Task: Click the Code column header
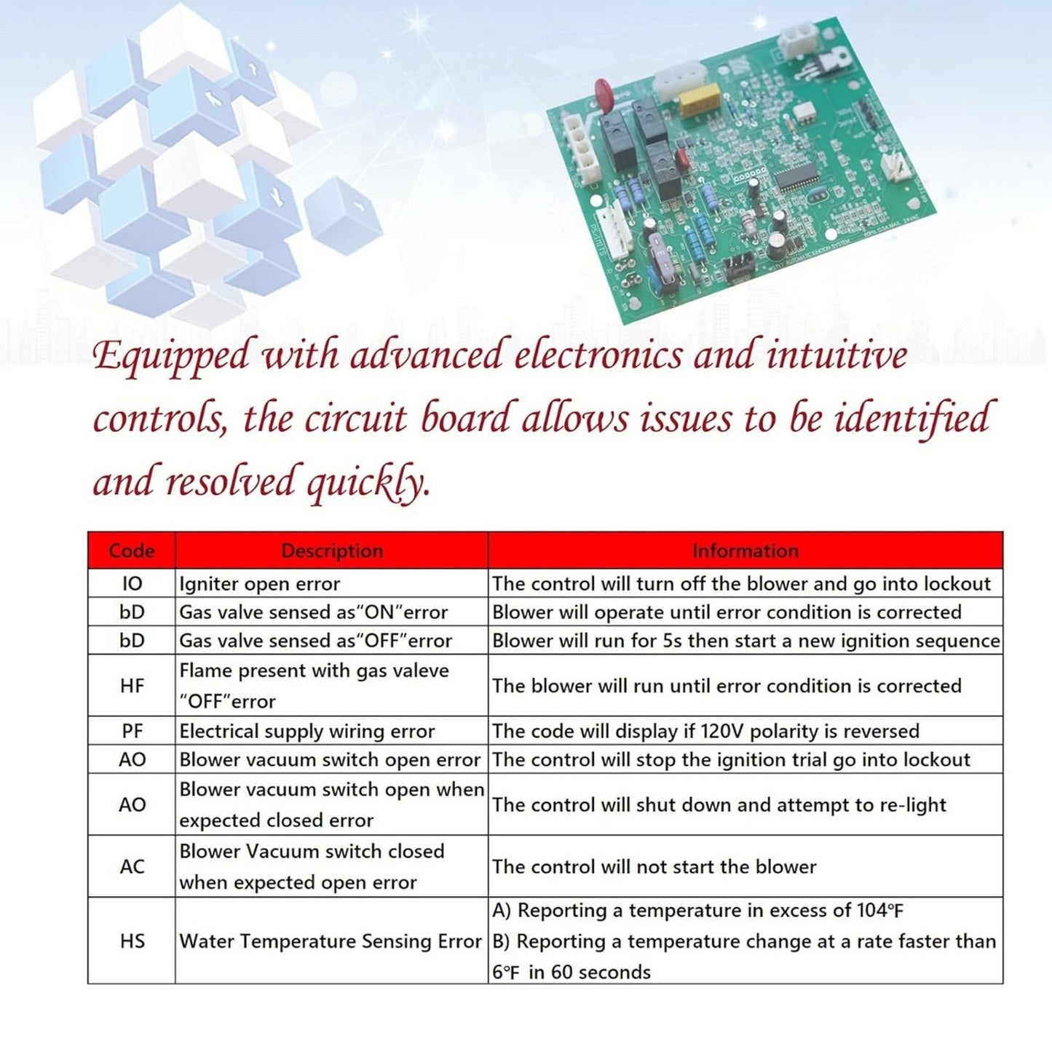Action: coord(131,550)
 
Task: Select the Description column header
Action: coord(332,550)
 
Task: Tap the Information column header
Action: coord(745,550)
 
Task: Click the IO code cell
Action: coord(132,584)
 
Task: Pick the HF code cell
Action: coord(132,686)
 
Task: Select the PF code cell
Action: coord(132,731)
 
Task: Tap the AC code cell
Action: coord(132,866)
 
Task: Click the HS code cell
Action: coord(132,941)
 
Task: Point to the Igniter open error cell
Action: coord(260,584)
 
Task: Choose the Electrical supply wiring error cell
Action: coord(306,731)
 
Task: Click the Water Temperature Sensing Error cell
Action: coord(331,941)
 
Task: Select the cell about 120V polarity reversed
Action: coord(705,731)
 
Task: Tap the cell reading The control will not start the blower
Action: coord(654,866)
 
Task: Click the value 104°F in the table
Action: coord(880,910)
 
